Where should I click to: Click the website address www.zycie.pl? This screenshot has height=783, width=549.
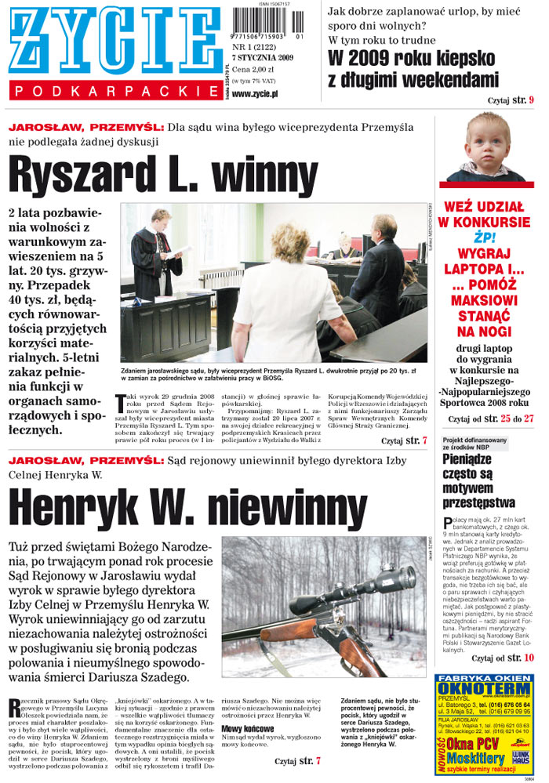(x=256, y=94)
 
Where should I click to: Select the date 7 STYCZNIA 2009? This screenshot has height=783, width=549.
(x=264, y=57)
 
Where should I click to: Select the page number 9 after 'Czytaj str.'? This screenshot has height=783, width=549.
(x=531, y=100)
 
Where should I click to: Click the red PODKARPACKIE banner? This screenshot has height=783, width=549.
(x=116, y=92)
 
